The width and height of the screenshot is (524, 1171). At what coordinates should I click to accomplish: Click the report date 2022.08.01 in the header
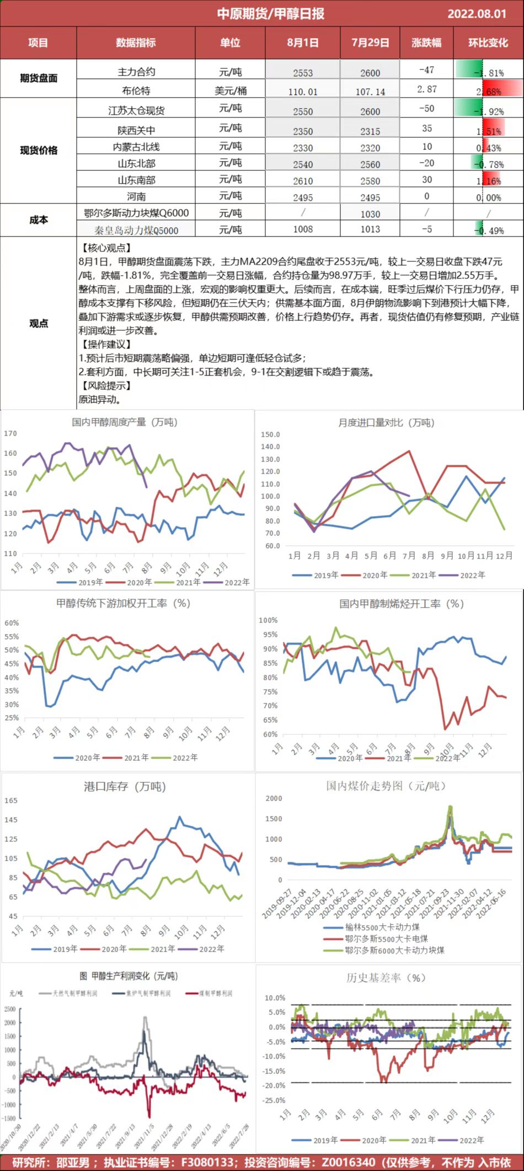[477, 14]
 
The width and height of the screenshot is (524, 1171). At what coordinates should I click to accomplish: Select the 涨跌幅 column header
[426, 42]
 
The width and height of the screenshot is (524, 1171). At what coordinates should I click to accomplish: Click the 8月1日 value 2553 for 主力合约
[303, 73]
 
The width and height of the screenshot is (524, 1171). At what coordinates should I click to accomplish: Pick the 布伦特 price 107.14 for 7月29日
[370, 92]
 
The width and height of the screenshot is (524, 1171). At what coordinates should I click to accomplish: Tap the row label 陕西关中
[136, 130]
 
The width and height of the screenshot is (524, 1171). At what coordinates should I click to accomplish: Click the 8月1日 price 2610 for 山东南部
[303, 181]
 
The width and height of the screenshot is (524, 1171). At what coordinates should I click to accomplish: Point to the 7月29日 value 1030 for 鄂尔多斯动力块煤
[370, 214]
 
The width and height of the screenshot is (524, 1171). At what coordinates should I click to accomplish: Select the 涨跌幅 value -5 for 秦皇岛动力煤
[426, 229]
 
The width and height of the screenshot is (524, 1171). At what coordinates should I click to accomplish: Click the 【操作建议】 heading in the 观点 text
[106, 345]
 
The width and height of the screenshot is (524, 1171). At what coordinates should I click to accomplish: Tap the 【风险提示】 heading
[106, 386]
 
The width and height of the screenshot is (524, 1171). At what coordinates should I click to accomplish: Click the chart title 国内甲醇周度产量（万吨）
[125, 422]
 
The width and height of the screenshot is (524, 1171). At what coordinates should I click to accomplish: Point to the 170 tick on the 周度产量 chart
[10, 433]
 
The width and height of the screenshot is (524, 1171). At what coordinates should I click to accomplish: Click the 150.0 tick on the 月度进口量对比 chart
[270, 434]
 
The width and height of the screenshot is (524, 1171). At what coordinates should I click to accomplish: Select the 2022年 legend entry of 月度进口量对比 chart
[467, 575]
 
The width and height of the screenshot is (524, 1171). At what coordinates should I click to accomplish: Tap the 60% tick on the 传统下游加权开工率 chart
[12, 623]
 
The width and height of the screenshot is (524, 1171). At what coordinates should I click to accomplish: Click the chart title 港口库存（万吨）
[125, 787]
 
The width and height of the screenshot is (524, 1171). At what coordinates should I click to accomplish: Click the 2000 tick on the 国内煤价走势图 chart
[274, 798]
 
